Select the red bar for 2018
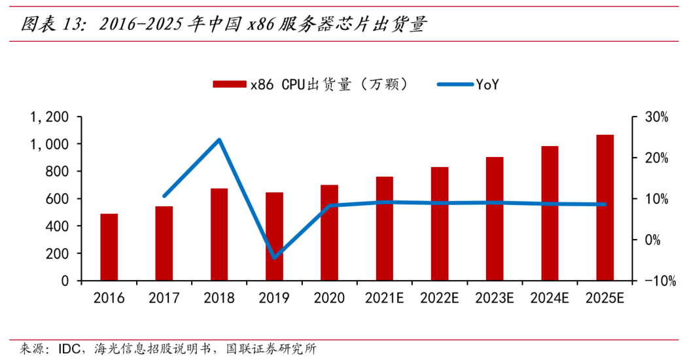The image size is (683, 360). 219,234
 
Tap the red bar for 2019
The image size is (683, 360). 274,236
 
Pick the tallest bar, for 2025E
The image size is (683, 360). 604,207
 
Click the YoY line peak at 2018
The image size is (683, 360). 219,139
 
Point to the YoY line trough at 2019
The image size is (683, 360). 274,257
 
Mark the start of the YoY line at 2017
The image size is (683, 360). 164,196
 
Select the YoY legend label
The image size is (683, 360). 487,84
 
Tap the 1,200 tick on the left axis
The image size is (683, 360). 50,117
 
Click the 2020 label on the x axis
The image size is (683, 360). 329,298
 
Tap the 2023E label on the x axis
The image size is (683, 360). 495,298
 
